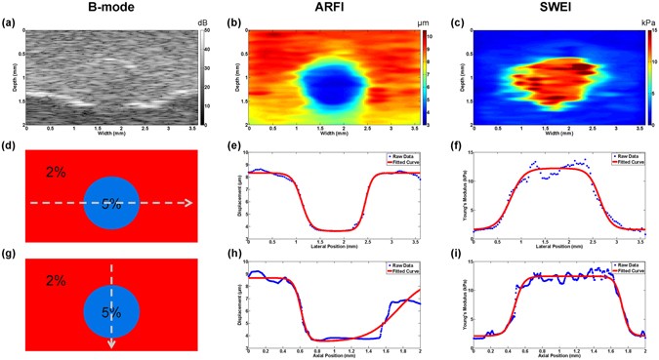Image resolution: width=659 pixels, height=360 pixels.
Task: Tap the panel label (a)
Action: click(9, 20)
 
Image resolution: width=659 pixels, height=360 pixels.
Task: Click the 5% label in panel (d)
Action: click(111, 204)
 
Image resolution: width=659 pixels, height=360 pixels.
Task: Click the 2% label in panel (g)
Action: click(55, 281)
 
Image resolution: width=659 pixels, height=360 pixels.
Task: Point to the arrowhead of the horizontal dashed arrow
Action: click(188, 204)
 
